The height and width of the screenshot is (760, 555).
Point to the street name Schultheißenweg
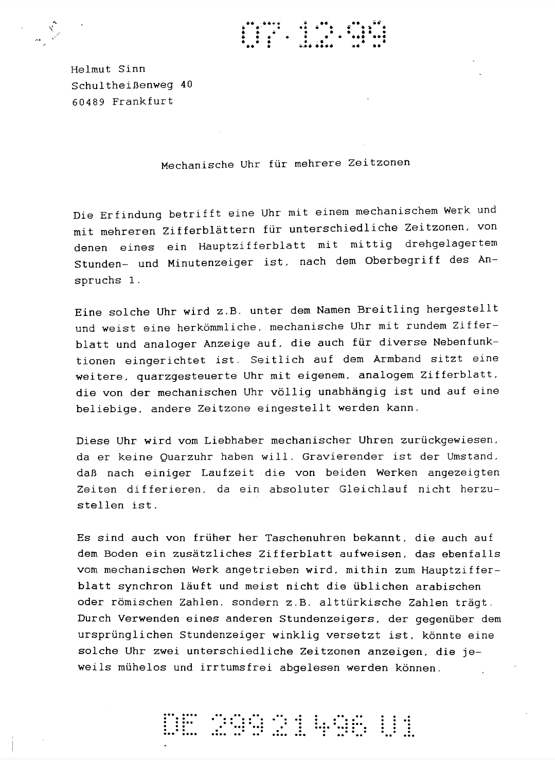(122, 85)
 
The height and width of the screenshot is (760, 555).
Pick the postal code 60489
(88, 101)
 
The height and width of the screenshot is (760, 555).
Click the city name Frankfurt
(143, 101)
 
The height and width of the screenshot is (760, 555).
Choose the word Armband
(398, 359)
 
